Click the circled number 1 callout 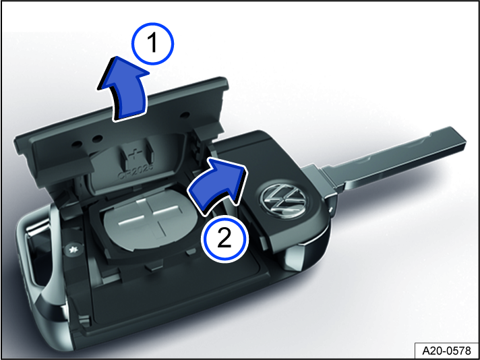pyautogui.click(x=152, y=44)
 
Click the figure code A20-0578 pyautogui.click(x=446, y=350)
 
